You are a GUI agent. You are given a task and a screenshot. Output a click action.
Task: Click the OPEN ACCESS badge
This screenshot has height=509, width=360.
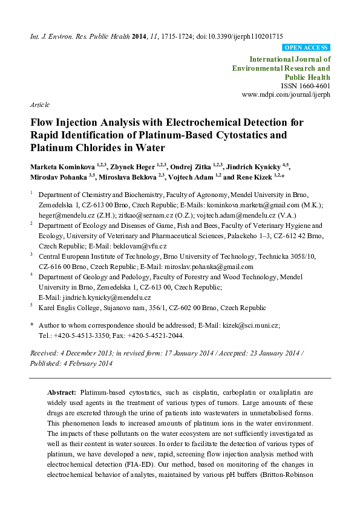(306, 47)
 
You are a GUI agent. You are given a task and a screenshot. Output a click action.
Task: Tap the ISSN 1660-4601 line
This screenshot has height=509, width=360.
(307, 86)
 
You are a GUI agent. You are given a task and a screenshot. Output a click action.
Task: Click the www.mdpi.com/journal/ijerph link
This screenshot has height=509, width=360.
(286, 96)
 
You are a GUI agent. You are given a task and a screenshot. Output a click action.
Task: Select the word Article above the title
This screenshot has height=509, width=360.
(39, 104)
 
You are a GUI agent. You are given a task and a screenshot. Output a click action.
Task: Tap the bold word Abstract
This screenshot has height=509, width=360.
(61, 392)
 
